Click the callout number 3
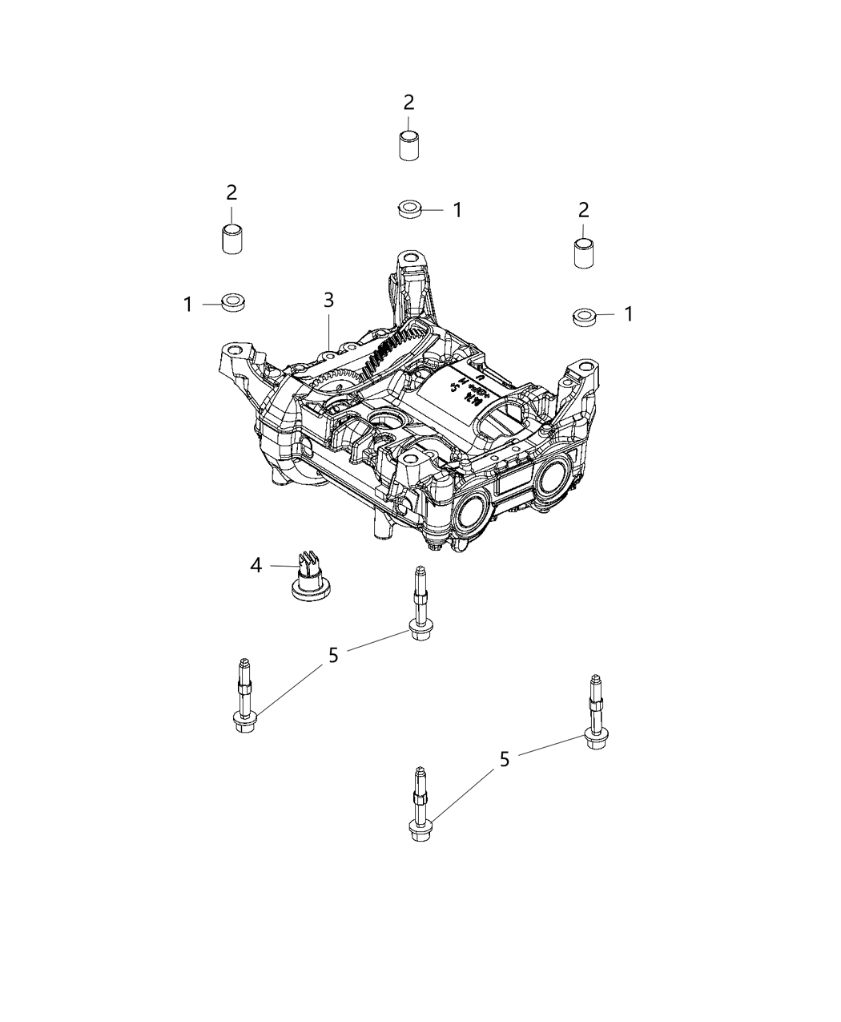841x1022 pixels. pyautogui.click(x=328, y=301)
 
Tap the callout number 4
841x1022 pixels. pyautogui.click(x=256, y=566)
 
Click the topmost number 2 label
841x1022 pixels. pyautogui.click(x=409, y=103)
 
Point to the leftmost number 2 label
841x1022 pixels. pyautogui.click(x=231, y=192)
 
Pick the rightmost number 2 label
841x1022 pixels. pyautogui.click(x=584, y=210)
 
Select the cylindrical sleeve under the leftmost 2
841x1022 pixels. pyautogui.click(x=232, y=239)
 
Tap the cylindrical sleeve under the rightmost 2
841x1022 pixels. pyautogui.click(x=584, y=253)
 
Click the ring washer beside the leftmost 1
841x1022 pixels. pyautogui.click(x=234, y=302)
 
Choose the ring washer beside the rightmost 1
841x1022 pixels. pyautogui.click(x=584, y=315)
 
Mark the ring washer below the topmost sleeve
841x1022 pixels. pyautogui.click(x=409, y=210)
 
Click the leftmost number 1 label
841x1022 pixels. pyautogui.click(x=187, y=304)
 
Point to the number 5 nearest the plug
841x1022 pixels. pyautogui.click(x=333, y=655)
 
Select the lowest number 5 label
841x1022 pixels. pyautogui.click(x=505, y=759)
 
